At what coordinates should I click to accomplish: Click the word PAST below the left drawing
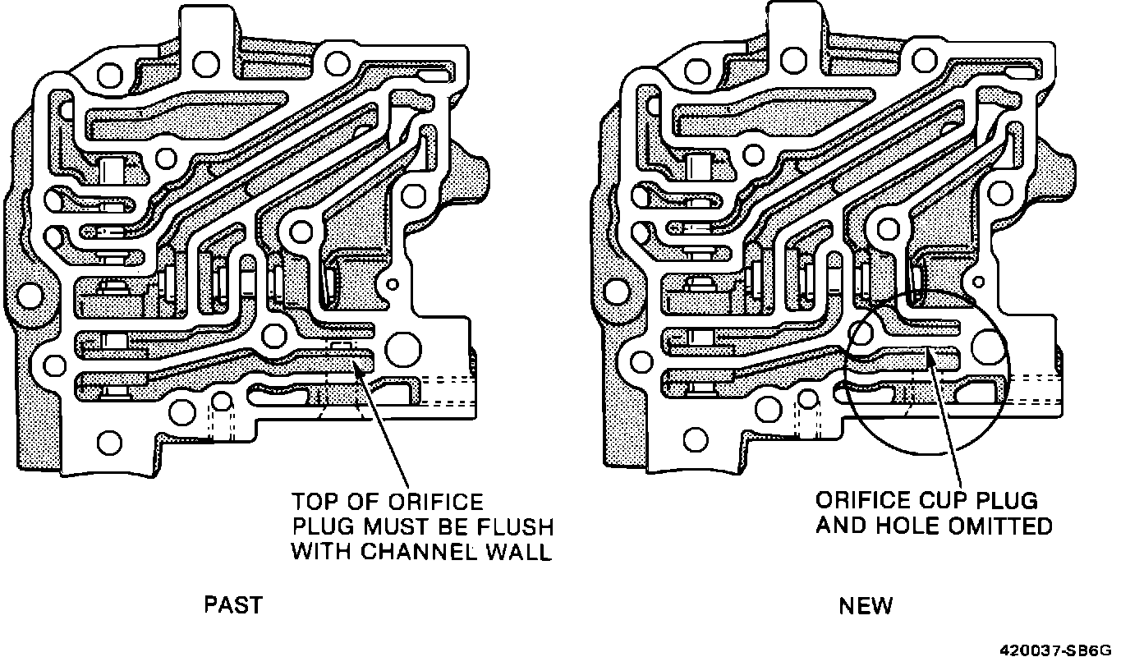click(233, 605)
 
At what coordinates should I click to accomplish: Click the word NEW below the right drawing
click(866, 606)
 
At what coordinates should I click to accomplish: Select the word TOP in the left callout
click(316, 501)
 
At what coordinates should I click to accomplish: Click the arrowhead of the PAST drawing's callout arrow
click(359, 361)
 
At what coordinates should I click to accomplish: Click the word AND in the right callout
click(841, 526)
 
